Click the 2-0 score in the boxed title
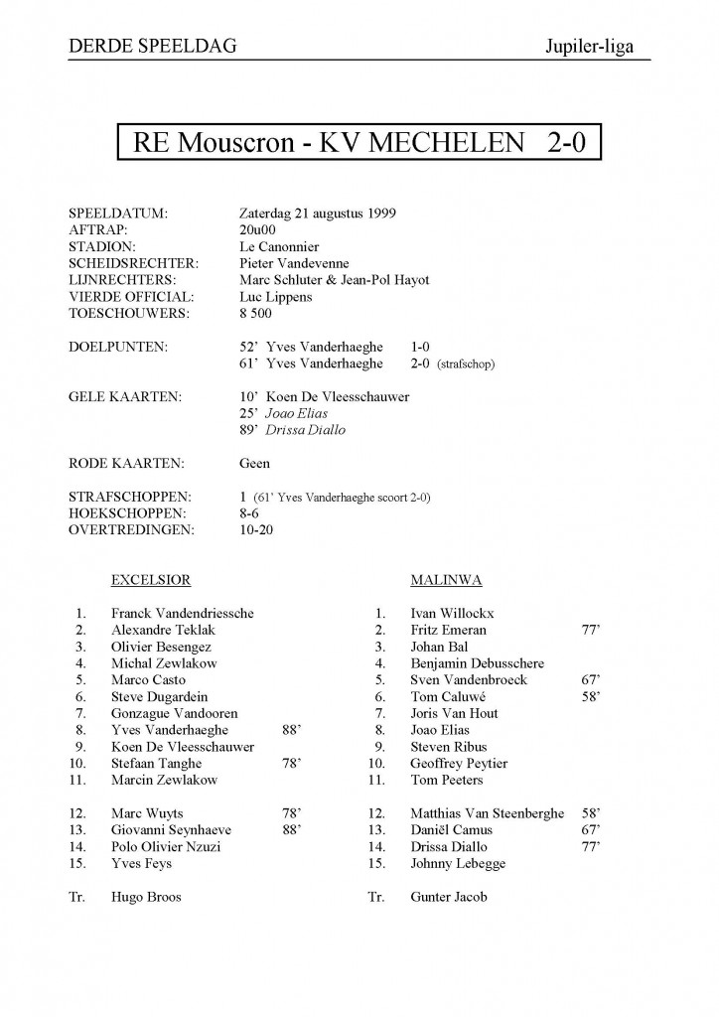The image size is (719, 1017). pyautogui.click(x=567, y=143)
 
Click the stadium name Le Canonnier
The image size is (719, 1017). pyautogui.click(x=279, y=246)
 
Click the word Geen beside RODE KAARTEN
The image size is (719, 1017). pyautogui.click(x=255, y=463)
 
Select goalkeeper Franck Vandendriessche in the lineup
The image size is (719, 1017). pyautogui.click(x=183, y=613)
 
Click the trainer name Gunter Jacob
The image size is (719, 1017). pyautogui.click(x=449, y=897)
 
